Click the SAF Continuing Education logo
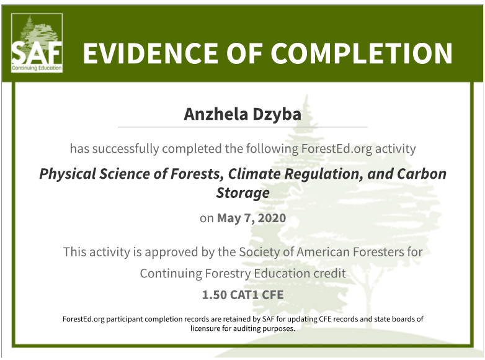coord(37,43)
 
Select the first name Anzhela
coord(216,114)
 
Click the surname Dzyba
coord(277,115)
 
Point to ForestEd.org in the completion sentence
coord(337,149)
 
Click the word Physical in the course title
coord(67,174)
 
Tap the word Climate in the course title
coord(254,174)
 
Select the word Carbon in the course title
coord(422,174)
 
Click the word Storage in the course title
coord(242,193)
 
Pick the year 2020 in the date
coord(272,218)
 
